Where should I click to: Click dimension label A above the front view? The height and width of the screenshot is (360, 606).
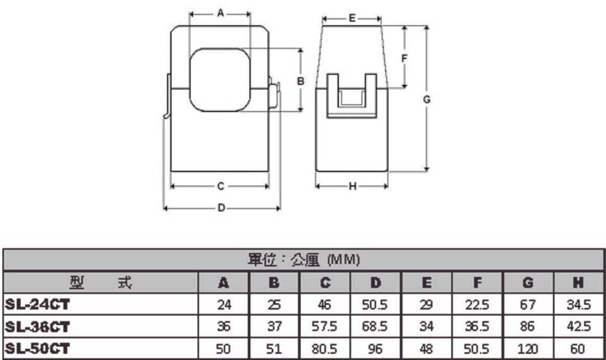pos(220,15)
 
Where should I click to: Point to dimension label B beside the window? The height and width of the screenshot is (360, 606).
pos(300,81)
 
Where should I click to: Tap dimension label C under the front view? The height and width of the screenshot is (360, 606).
pos(220,186)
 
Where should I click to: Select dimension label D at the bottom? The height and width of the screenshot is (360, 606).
pos(221,208)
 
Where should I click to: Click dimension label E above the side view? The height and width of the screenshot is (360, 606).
pos(352,19)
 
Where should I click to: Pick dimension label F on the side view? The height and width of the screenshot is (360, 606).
pos(405,59)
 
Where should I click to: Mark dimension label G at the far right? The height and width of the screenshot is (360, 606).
pos(426,99)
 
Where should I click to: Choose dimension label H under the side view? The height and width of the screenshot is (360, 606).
pos(352,187)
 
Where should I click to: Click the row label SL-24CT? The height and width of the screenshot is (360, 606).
pos(36,305)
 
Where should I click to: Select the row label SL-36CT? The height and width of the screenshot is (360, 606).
pos(36,327)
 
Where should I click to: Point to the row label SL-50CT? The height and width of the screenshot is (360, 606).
pos(36,349)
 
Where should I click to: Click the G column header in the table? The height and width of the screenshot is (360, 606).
pos(528,282)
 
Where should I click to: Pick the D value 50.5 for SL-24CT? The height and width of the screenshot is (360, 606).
pos(376,305)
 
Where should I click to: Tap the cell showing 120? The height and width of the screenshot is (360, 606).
pos(528,349)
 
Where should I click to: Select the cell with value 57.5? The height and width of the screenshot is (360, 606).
pos(325,327)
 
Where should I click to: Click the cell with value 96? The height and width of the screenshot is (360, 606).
pos(376,349)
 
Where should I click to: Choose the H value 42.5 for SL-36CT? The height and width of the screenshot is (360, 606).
pos(579,327)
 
